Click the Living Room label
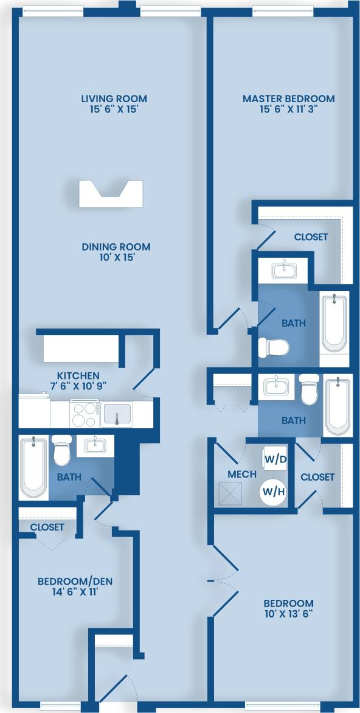point(114,99)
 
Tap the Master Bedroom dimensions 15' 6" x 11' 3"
point(288,110)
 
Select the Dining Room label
point(116,247)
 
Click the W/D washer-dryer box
point(275,459)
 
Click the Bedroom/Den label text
point(75,581)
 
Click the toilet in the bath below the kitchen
point(61,451)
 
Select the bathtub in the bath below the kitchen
point(33,466)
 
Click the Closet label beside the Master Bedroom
point(311,237)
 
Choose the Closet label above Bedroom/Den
point(47,527)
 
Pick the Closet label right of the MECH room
point(317,477)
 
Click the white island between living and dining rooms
point(111,194)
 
